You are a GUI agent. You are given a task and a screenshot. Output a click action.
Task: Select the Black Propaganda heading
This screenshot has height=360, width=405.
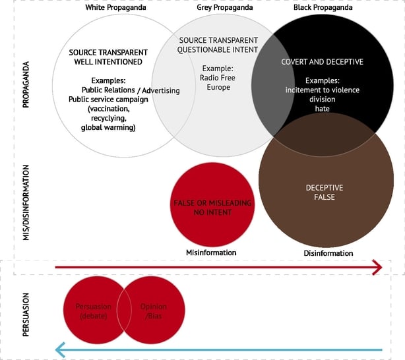(322, 7)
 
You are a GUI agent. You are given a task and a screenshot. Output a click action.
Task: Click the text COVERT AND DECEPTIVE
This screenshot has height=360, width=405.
(323, 61)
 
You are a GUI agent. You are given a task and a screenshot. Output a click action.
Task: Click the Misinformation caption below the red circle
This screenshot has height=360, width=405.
(211, 253)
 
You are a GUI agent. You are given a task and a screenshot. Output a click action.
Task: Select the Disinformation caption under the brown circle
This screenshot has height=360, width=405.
(328, 253)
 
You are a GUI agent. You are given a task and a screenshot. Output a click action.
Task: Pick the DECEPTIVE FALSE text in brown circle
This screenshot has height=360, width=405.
(324, 193)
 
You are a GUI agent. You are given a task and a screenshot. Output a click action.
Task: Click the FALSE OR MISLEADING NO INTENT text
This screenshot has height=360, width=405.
(212, 208)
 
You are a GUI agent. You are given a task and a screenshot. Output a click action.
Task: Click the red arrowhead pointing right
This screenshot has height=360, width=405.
(378, 267)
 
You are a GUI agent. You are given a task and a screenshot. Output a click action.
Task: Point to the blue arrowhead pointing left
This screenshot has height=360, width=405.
(59, 349)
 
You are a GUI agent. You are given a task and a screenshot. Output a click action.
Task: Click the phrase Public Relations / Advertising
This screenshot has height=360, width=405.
(130, 90)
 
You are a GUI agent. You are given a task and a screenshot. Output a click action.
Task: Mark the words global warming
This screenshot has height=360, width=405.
(108, 127)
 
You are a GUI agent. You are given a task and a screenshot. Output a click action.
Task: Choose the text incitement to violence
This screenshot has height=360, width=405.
(322, 90)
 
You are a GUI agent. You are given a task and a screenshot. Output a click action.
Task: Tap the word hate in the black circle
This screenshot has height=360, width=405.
(322, 108)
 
